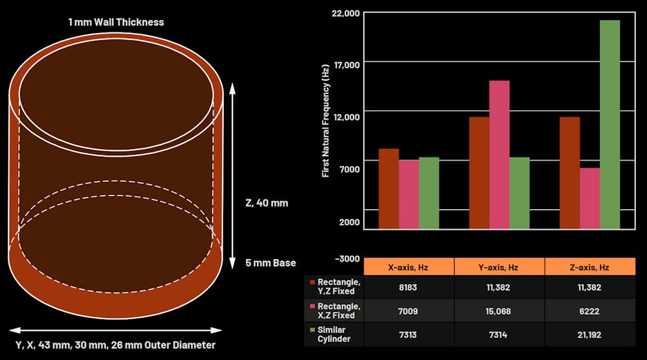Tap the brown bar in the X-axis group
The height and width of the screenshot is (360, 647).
pos(388,188)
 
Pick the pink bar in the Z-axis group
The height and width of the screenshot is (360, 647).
pos(589,198)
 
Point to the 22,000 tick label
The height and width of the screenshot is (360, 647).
pos(345,13)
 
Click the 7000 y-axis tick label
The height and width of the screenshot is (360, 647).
pos(349,169)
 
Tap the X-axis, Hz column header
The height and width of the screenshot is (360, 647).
pos(408,267)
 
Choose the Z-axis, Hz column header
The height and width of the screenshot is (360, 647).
pos(589,267)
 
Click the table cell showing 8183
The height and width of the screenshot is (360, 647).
pos(408,287)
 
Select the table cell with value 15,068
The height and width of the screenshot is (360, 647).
pos(499,311)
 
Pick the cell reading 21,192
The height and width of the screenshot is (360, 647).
pos(589,335)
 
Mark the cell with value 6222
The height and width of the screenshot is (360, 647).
pos(589,311)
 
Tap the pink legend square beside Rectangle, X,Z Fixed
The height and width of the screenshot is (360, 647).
pos(312,306)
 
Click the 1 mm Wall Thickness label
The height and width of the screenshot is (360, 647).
pos(116,22)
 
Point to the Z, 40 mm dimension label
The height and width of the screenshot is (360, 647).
pos(267,203)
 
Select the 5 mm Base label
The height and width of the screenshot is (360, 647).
pos(270,263)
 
